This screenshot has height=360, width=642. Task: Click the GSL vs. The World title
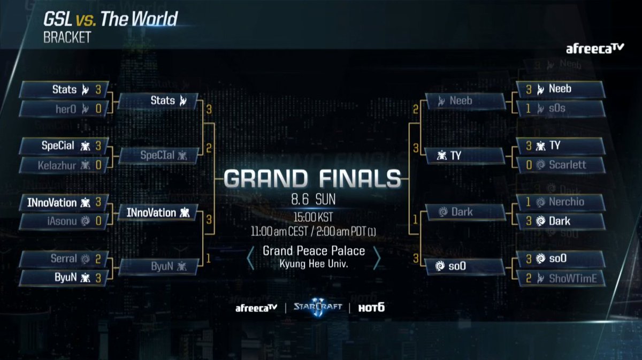[x=110, y=20]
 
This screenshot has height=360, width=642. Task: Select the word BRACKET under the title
[x=67, y=38]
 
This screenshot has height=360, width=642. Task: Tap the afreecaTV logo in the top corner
[x=595, y=49]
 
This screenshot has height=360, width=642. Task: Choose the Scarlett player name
[x=567, y=165]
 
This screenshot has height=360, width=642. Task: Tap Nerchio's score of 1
[x=529, y=202]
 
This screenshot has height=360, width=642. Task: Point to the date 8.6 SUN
[x=313, y=200]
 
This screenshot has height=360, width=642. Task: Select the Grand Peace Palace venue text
[x=314, y=251]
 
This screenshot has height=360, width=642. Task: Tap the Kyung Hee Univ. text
[x=314, y=264]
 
